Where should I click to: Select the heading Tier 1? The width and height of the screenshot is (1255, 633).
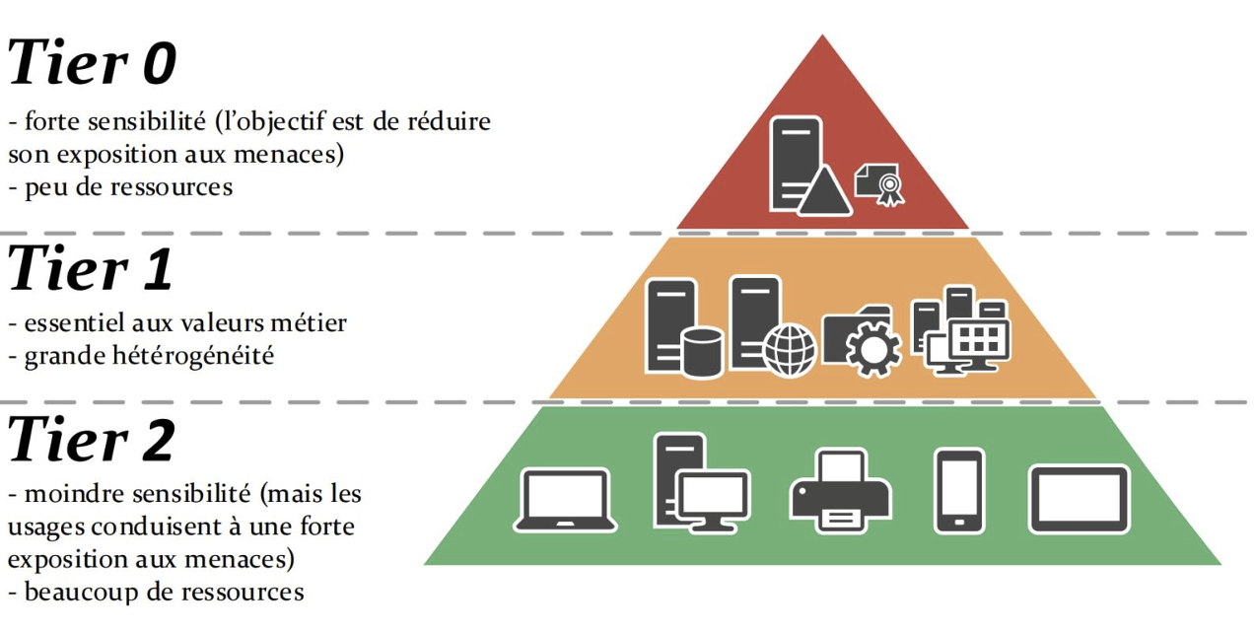coord(91,269)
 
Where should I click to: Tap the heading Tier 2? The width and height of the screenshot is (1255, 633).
coord(91,441)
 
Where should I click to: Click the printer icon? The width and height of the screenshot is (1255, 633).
coord(841,491)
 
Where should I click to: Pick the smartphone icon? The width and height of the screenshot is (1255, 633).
coord(959,491)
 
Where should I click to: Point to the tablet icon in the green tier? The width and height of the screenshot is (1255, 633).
coord(1080,499)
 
